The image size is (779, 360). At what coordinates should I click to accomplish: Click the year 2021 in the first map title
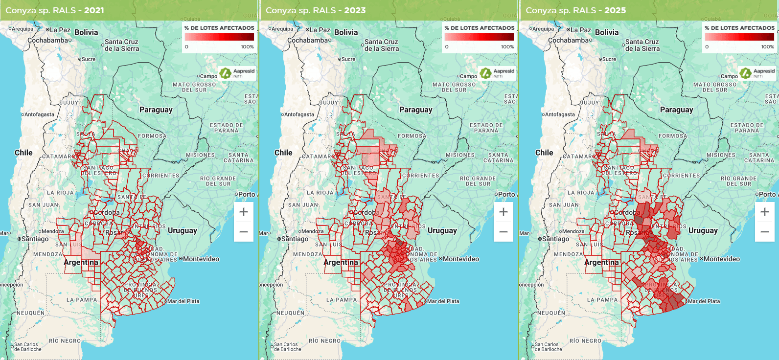tap(94, 10)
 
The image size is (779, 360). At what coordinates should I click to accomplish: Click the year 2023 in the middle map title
tap(355, 10)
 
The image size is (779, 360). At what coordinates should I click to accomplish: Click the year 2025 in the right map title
tap(615, 10)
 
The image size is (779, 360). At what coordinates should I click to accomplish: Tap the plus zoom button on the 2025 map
tap(765, 212)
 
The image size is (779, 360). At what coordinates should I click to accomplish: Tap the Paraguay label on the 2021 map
tap(156, 110)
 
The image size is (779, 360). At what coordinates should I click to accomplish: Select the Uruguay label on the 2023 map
tap(442, 230)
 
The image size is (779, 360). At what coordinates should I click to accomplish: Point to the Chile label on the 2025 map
tap(544, 153)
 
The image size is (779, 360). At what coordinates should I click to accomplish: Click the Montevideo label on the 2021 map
tap(201, 259)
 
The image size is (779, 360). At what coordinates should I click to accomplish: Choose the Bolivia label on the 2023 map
tap(346, 32)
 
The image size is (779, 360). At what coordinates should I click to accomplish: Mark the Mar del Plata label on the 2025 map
tap(704, 301)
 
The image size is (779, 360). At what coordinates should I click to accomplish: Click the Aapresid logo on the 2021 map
tap(237, 73)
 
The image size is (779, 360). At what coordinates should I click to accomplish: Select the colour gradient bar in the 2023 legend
tap(479, 37)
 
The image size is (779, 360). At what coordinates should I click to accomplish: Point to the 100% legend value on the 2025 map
tap(767, 47)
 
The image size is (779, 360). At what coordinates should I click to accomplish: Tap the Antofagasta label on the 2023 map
tap(299, 114)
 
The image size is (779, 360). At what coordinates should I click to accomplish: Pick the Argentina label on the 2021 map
tap(81, 262)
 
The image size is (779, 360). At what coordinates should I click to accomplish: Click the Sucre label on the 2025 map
tap(609, 59)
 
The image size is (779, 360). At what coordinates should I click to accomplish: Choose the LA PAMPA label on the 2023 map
tap(342, 300)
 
